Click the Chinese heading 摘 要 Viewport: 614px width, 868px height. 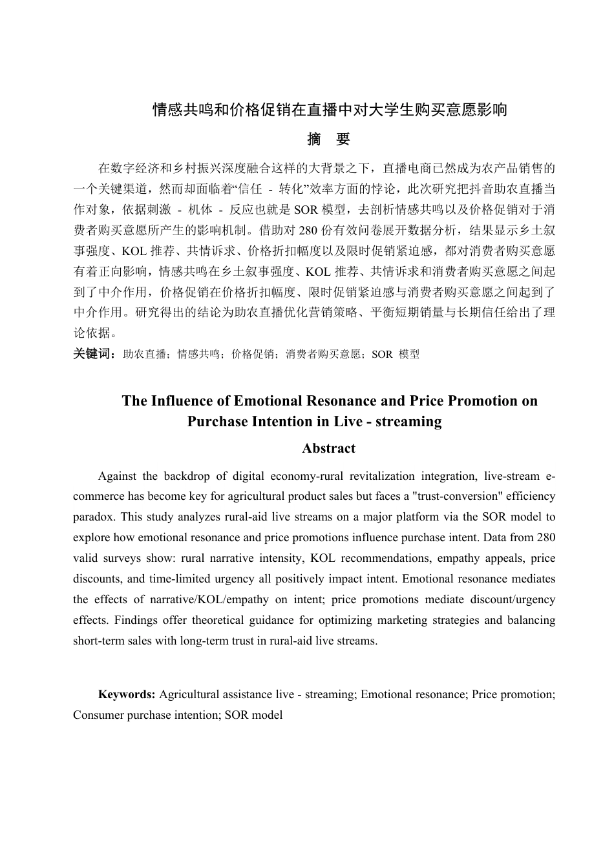328,139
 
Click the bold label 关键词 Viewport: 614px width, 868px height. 93,354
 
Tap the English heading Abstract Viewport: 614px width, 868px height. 328,448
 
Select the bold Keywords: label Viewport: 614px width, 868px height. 126,694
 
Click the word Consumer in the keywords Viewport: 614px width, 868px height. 99,715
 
